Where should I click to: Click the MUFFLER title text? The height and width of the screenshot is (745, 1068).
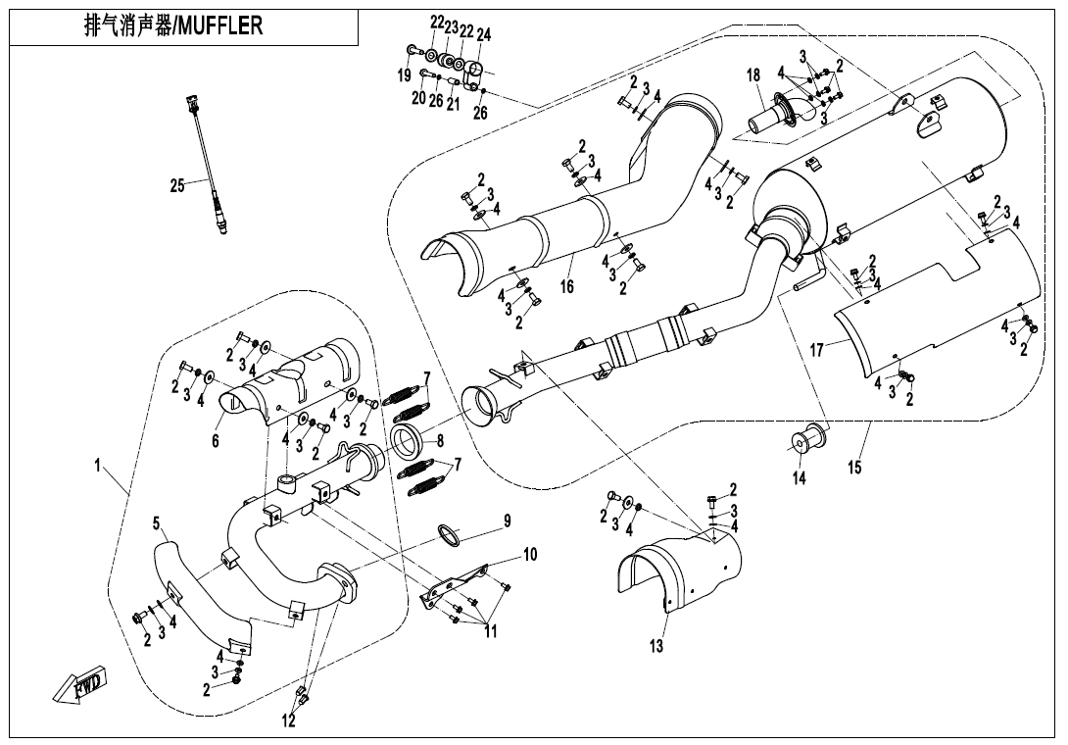[174, 26]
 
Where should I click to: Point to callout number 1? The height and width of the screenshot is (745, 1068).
[98, 468]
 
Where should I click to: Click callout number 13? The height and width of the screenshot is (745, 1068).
[655, 646]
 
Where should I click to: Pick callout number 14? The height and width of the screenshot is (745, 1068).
[800, 478]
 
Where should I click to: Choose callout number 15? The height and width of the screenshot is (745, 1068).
[854, 468]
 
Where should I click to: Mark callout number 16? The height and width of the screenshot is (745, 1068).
[566, 286]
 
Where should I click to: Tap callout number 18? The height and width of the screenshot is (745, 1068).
[753, 75]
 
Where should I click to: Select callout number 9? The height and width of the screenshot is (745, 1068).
[508, 521]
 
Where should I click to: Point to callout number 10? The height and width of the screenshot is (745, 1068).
[529, 555]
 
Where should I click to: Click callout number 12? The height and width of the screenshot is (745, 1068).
[288, 721]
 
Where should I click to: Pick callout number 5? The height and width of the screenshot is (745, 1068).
[156, 524]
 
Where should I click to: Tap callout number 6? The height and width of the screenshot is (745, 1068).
[216, 441]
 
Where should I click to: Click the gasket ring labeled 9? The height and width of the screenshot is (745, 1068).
[448, 536]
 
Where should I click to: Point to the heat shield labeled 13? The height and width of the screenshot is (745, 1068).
[676, 569]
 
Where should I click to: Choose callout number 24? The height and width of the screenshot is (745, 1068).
[484, 34]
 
